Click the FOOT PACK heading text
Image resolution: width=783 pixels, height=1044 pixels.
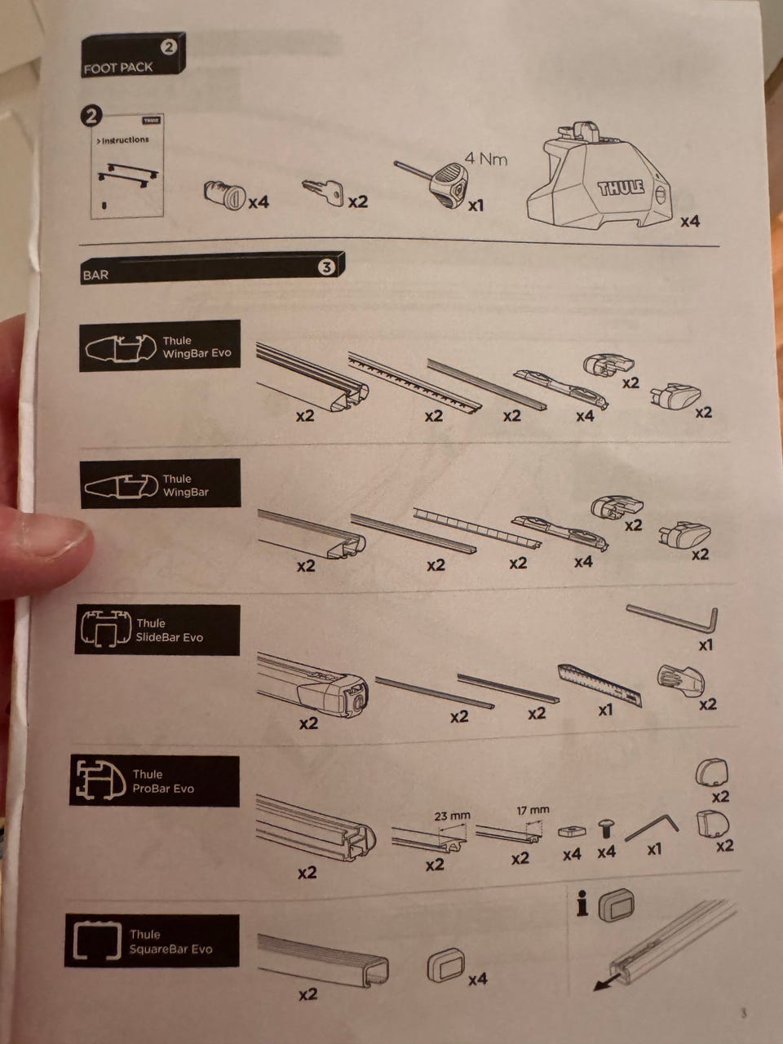pyautogui.click(x=118, y=68)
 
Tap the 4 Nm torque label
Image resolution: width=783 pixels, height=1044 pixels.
pyautogui.click(x=486, y=158)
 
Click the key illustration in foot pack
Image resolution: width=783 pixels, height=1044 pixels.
pyautogui.click(x=323, y=192)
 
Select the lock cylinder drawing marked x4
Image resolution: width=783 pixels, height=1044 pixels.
pyautogui.click(x=224, y=193)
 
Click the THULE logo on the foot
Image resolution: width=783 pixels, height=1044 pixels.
pyautogui.click(x=621, y=188)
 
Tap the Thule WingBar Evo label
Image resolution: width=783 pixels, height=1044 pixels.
pyautogui.click(x=197, y=347)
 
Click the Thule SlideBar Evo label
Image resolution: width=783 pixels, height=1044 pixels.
pyautogui.click(x=170, y=630)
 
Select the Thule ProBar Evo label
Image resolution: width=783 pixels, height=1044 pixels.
pyautogui.click(x=163, y=781)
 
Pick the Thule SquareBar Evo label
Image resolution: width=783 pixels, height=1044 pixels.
pyautogui.click(x=170, y=942)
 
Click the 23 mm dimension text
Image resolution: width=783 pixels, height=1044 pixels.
pyautogui.click(x=452, y=816)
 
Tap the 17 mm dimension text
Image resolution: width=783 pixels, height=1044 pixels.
pyautogui.click(x=533, y=810)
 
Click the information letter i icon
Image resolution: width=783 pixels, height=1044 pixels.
pyautogui.click(x=582, y=905)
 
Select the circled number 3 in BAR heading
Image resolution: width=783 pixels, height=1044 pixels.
pyautogui.click(x=326, y=268)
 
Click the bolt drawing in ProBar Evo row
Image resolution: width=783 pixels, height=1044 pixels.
pyautogui.click(x=605, y=829)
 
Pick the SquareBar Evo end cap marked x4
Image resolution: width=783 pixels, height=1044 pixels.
pyautogui.click(x=446, y=965)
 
